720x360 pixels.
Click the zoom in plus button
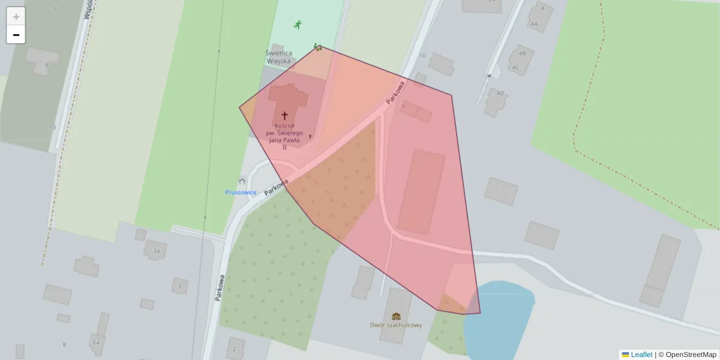[x=16, y=17]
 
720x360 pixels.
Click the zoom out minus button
[x=16, y=35]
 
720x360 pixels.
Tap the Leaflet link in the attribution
[x=641, y=355]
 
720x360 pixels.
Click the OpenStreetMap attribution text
[x=691, y=355]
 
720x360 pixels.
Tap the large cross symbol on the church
[x=284, y=115]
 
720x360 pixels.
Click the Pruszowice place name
[x=241, y=192]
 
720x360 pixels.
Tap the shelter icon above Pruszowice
[x=242, y=180]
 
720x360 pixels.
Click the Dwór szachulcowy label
[x=396, y=325]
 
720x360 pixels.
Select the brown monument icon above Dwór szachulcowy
[x=396, y=316]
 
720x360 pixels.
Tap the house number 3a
[x=156, y=250]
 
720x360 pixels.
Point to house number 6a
[x=96, y=342]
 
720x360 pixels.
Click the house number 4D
[x=500, y=93]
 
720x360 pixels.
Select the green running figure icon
[x=298, y=25]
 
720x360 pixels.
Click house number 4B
[x=522, y=53]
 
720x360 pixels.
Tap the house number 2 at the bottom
[x=235, y=349]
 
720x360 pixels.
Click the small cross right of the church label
[x=310, y=137]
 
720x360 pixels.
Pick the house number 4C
[x=515, y=67]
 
